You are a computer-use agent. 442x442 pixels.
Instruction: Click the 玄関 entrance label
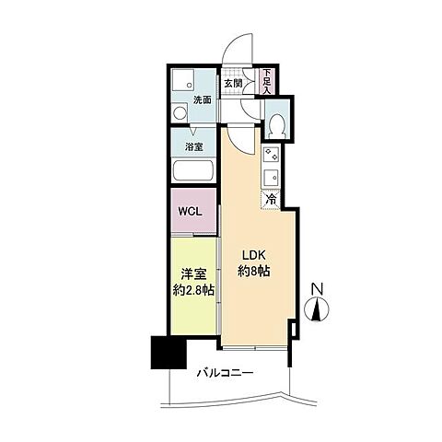(x=233, y=83)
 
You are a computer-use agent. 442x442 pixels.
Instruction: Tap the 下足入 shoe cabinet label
(x=267, y=81)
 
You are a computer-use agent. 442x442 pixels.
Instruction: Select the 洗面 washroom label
(x=203, y=99)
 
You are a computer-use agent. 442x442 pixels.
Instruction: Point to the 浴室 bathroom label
(x=193, y=146)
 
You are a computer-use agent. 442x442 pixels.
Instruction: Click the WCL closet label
(x=190, y=211)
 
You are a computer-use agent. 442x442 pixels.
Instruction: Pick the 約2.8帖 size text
(x=193, y=290)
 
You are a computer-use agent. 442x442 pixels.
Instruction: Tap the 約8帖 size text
(x=254, y=271)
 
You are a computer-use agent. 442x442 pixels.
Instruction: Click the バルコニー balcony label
(x=225, y=373)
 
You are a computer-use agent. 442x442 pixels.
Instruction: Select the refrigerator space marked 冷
(x=271, y=200)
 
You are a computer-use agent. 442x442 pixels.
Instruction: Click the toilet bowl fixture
(x=278, y=125)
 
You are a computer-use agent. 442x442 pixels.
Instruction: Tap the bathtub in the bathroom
(x=193, y=170)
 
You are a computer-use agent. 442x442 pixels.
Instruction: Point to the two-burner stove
(x=271, y=156)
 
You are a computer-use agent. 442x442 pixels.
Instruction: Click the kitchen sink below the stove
(x=271, y=177)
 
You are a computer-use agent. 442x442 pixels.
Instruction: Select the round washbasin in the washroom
(x=180, y=112)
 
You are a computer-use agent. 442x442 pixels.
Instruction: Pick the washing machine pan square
(x=183, y=80)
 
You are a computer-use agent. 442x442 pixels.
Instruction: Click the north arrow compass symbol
(x=317, y=309)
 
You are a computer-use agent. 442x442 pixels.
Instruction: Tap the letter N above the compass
(x=317, y=289)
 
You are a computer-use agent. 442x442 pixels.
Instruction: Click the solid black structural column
(x=169, y=353)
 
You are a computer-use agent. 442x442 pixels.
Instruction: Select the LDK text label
(x=253, y=255)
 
